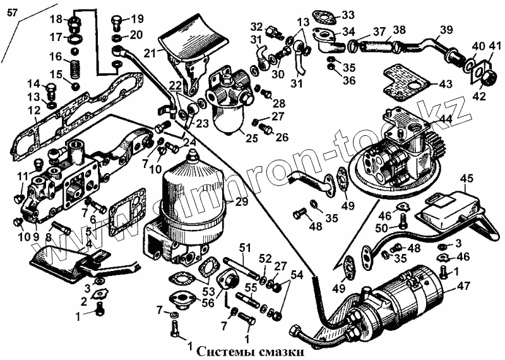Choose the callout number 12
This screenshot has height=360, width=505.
[16, 112]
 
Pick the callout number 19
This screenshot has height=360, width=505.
[138, 18]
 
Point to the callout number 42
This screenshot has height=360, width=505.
[478, 97]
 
